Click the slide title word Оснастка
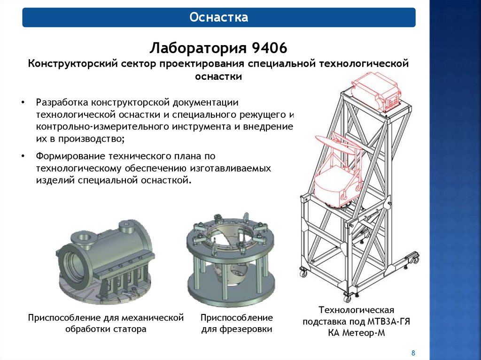219,17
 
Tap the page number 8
413,352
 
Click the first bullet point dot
23,102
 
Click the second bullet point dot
23,156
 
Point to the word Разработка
62,102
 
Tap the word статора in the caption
130,329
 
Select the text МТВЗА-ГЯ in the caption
388,322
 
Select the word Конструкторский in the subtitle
73,64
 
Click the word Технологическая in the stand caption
356,310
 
